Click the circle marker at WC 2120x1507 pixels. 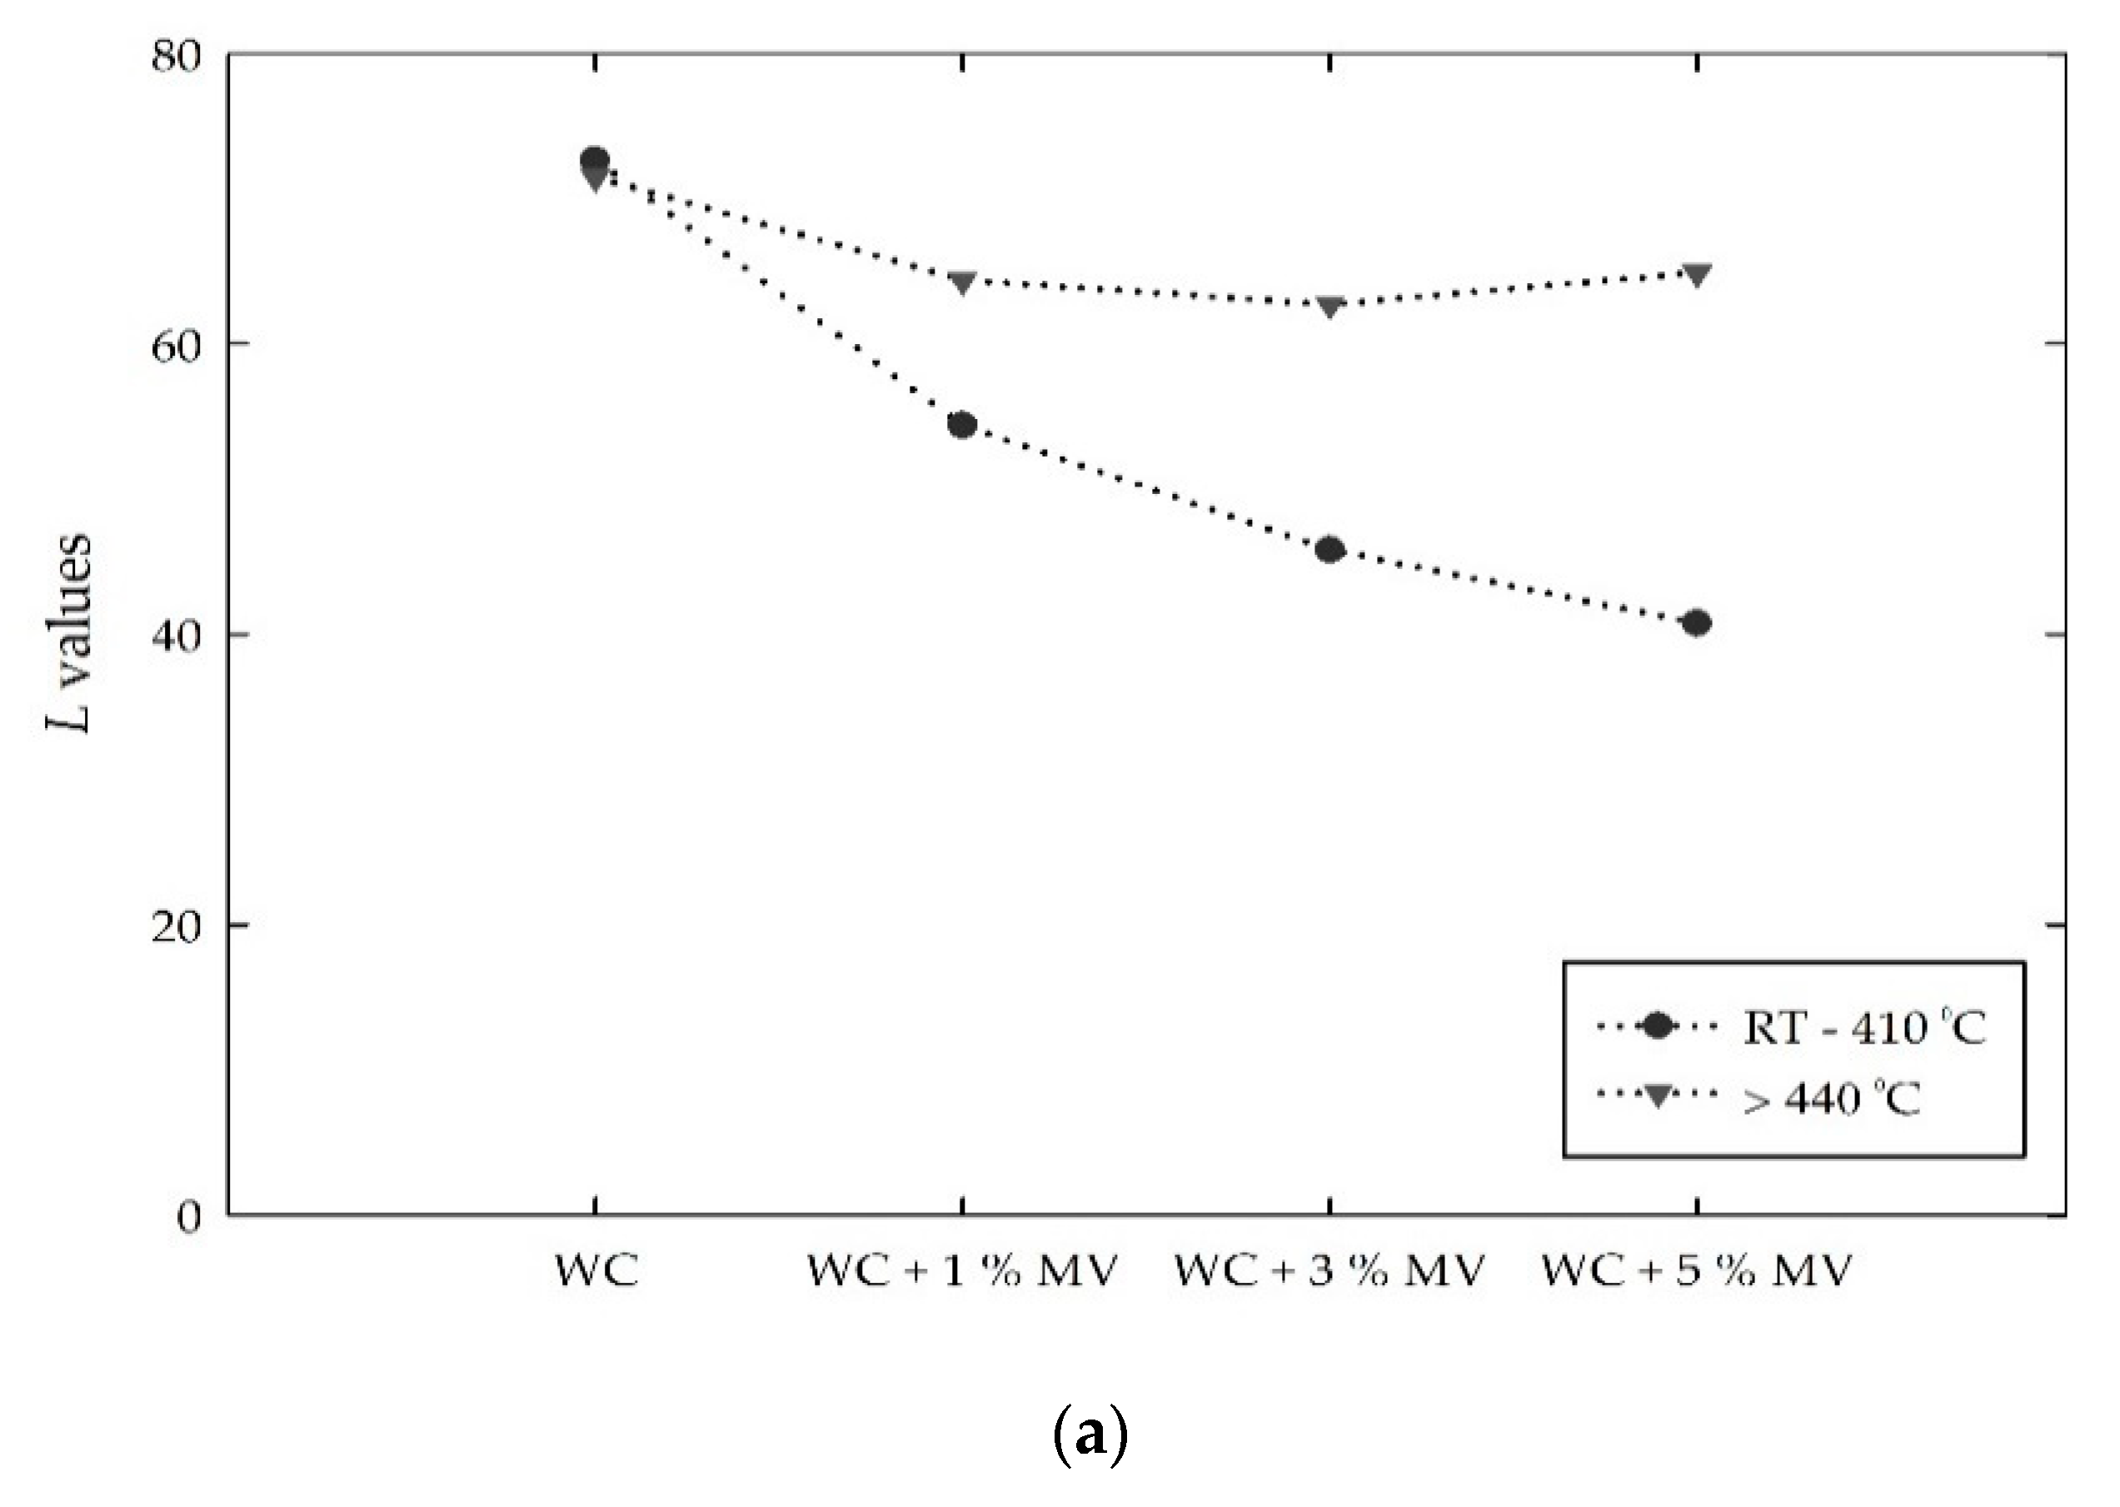pyautogui.click(x=594, y=160)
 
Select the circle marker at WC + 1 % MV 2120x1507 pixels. pyautogui.click(x=962, y=425)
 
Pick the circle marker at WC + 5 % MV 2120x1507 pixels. pyautogui.click(x=1697, y=622)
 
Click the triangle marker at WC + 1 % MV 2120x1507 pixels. pyautogui.click(x=962, y=282)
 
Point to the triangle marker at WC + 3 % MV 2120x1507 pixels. pyautogui.click(x=1329, y=305)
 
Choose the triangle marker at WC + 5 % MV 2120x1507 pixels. pyautogui.click(x=1697, y=275)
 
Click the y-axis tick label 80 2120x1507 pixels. pyautogui.click(x=177, y=57)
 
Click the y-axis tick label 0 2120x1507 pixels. pyautogui.click(x=189, y=1216)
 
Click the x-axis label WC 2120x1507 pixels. pyautogui.click(x=596, y=1270)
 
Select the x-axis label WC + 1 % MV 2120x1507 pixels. pyautogui.click(x=962, y=1270)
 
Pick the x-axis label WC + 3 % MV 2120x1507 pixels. pyautogui.click(x=1329, y=1270)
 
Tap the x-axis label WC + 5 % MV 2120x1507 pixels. pyautogui.click(x=1697, y=1270)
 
